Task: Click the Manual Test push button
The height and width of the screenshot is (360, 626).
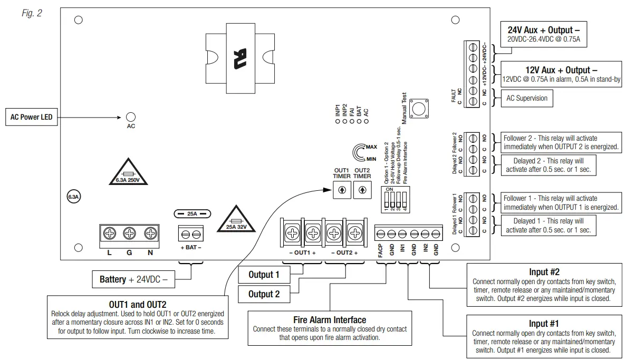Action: [419, 109]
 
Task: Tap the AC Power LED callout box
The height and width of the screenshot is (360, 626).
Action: [32, 117]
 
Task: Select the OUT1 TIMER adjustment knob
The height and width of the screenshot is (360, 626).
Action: [342, 190]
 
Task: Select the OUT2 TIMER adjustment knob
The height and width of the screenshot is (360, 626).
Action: [362, 190]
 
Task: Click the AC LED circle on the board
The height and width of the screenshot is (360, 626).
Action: [131, 117]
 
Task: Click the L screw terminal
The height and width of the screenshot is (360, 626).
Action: [110, 233]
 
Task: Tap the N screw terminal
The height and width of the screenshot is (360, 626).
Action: [150, 233]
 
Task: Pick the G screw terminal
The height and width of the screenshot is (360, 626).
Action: [130, 233]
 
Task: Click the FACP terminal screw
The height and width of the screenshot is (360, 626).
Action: [380, 234]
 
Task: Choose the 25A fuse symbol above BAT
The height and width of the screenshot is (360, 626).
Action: [192, 214]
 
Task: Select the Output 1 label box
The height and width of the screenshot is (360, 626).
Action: [264, 275]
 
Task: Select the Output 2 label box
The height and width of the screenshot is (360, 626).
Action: [264, 294]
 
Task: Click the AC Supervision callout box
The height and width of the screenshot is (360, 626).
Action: [527, 98]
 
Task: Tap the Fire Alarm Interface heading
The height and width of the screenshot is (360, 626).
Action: [330, 320]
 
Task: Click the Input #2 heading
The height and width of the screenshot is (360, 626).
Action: [544, 273]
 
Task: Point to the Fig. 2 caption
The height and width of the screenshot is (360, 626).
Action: [32, 13]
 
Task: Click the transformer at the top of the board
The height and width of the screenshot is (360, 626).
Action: [239, 55]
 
